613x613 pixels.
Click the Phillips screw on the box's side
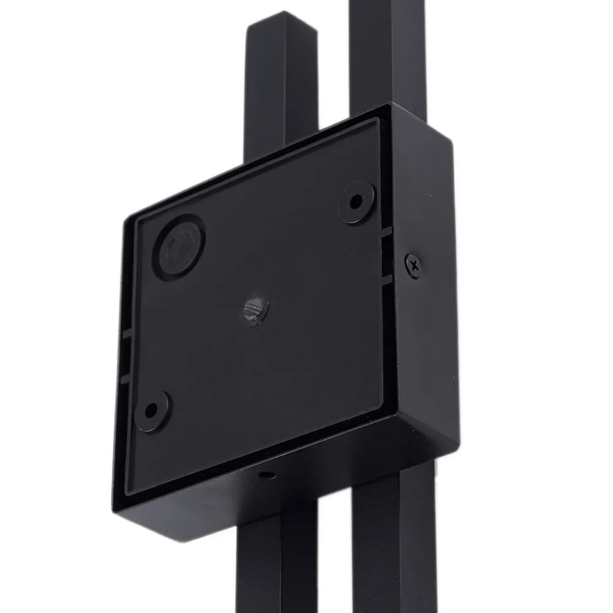tap(414, 266)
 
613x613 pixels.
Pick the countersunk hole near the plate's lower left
tap(152, 410)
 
